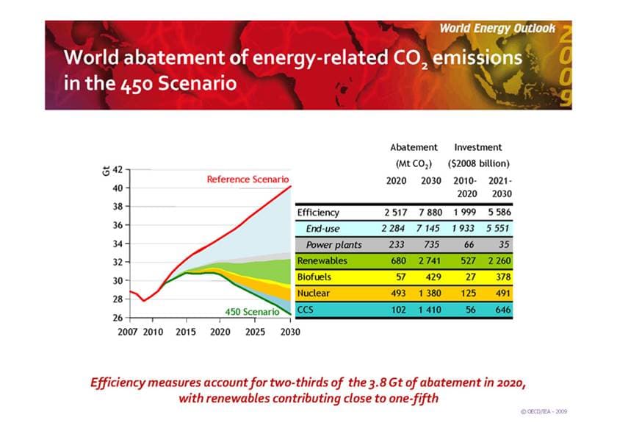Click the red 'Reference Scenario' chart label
point(248,179)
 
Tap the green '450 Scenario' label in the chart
point(251,311)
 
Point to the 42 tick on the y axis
point(118,169)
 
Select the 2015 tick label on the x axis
point(186,331)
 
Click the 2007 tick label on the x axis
point(129,331)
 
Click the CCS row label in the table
point(306,310)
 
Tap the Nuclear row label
point(313,294)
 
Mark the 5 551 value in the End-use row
point(497,229)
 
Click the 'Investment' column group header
point(478,147)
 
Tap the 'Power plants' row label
point(333,245)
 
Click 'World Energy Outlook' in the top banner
point(498,29)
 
